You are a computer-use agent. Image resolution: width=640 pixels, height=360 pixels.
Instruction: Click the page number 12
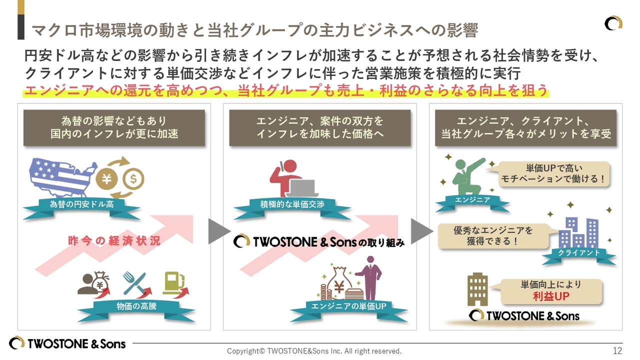pos(617,350)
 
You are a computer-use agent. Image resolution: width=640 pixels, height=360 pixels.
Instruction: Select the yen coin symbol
pos(106,179)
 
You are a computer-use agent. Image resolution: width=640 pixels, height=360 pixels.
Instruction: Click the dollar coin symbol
pos(133,178)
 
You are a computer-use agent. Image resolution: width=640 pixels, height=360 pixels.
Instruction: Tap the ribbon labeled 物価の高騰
pos(136,306)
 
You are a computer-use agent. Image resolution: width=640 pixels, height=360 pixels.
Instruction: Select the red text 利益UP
pos(551,296)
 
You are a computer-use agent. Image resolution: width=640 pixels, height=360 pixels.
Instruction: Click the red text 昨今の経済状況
pos(114,241)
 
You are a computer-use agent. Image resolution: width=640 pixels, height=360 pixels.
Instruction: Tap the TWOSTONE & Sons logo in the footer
pos(67,343)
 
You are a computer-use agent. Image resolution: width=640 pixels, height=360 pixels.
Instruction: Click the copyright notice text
pos(314,351)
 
